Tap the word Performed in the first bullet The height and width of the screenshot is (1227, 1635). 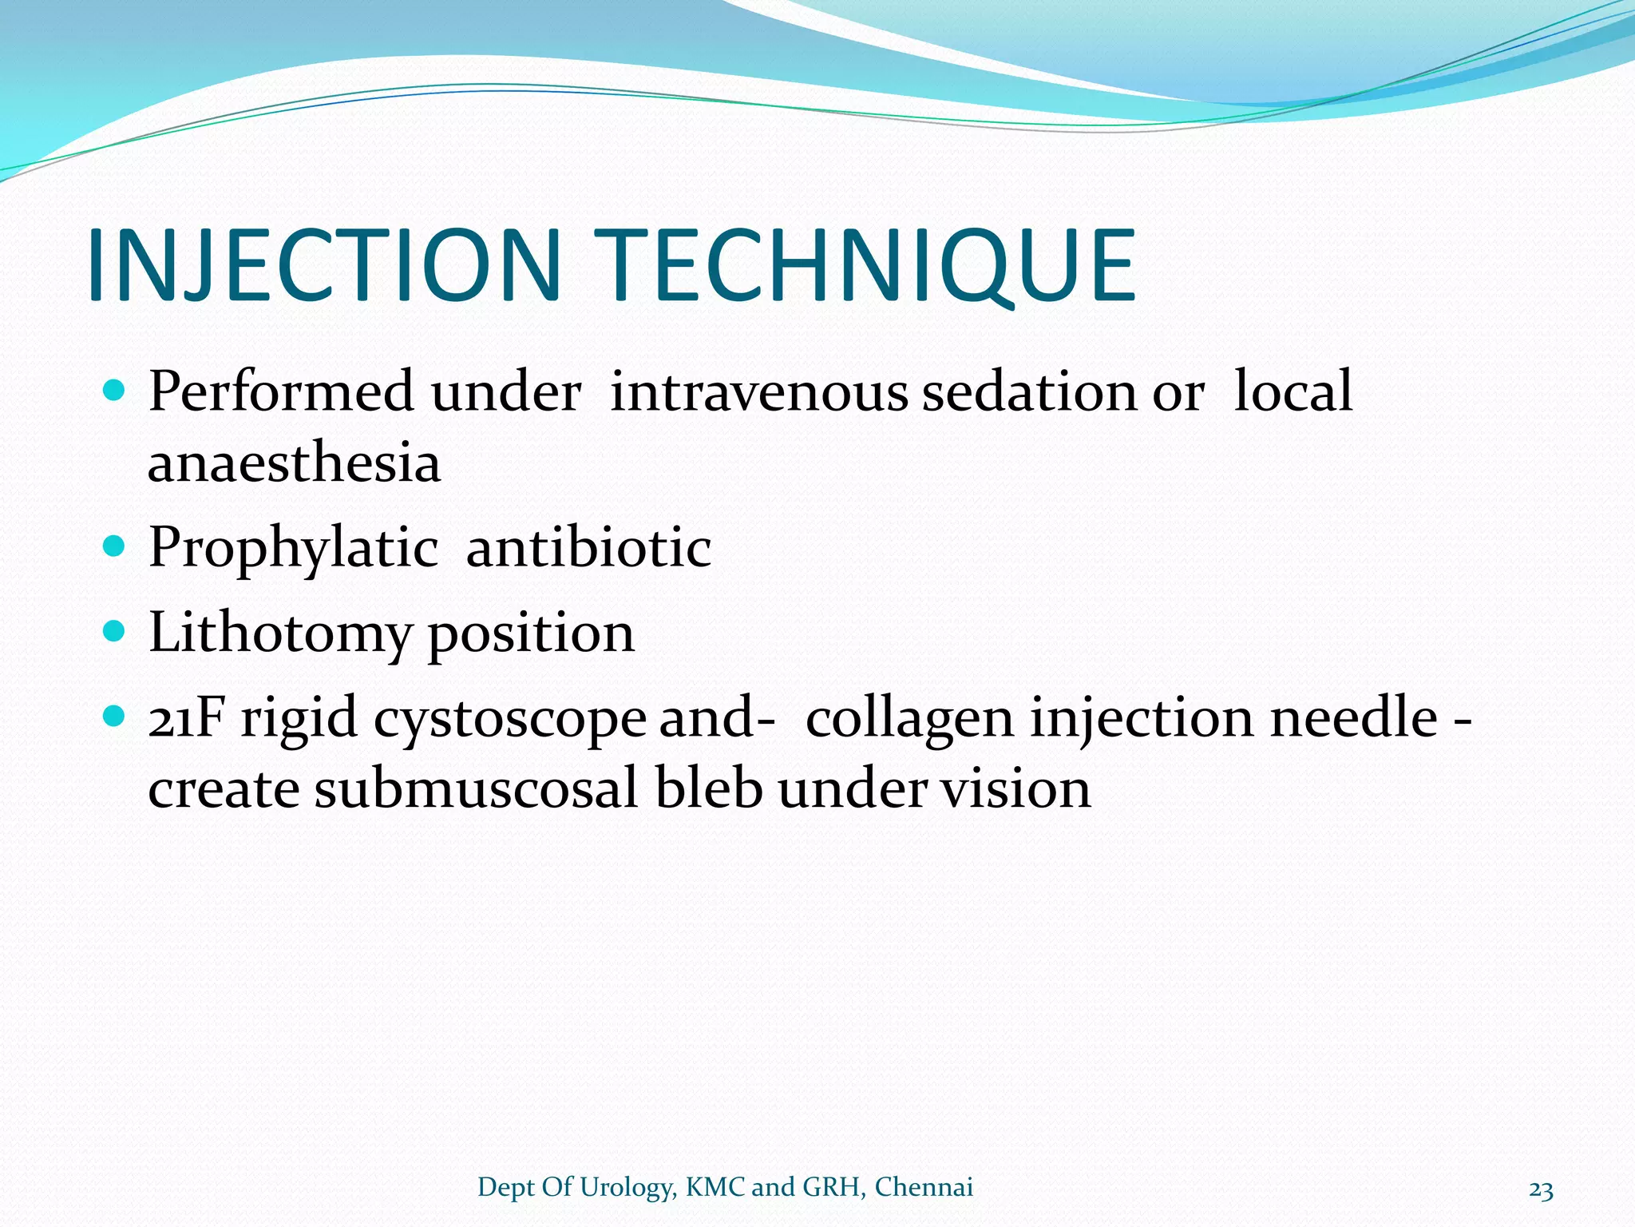[281, 391]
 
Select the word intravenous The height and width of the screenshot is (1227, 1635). [758, 391]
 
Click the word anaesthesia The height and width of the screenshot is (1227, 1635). [294, 463]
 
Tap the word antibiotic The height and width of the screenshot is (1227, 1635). [588, 548]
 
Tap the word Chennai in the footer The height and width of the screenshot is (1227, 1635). [924, 1187]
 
